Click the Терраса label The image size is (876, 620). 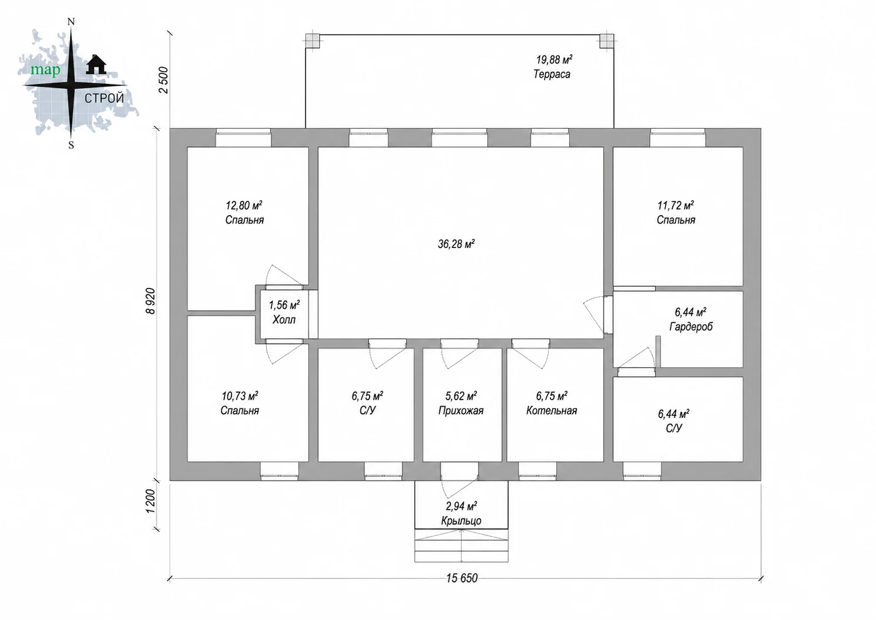point(552,74)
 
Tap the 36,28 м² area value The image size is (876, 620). point(457,244)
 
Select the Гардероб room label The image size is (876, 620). point(691,327)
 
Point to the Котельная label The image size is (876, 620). point(552,410)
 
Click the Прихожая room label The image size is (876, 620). point(461,411)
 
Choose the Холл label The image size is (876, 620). point(284,320)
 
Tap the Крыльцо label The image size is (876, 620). point(461,521)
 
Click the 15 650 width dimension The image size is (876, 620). point(462,578)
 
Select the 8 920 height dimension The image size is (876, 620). point(150,301)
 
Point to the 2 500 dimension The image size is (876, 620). point(163,80)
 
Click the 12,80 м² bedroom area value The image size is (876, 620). point(244,205)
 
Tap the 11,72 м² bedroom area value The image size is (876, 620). point(676,205)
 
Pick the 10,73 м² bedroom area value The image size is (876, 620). point(240,396)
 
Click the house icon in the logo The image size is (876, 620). point(96,64)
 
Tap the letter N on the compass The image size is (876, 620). point(71,22)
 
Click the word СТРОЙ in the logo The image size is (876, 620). point(104,98)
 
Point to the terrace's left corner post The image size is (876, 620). point(313,41)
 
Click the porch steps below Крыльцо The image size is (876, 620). point(461,546)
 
